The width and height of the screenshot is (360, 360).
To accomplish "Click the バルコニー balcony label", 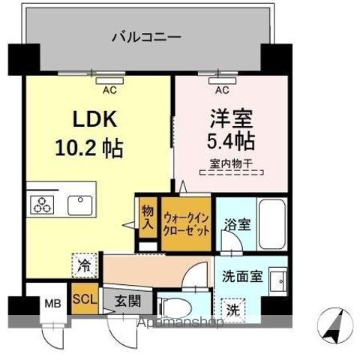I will [146, 35].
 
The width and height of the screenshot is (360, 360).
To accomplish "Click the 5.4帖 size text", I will [230, 141].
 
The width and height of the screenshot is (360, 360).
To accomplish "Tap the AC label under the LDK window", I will [109, 91].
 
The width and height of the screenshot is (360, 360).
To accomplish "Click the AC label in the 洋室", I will [221, 91].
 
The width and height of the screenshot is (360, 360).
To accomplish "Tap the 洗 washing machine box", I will [234, 307].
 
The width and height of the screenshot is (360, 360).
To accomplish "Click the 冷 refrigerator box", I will [85, 265].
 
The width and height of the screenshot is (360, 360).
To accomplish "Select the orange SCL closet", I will [84, 298].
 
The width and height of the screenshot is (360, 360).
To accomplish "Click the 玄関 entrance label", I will [127, 301].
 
